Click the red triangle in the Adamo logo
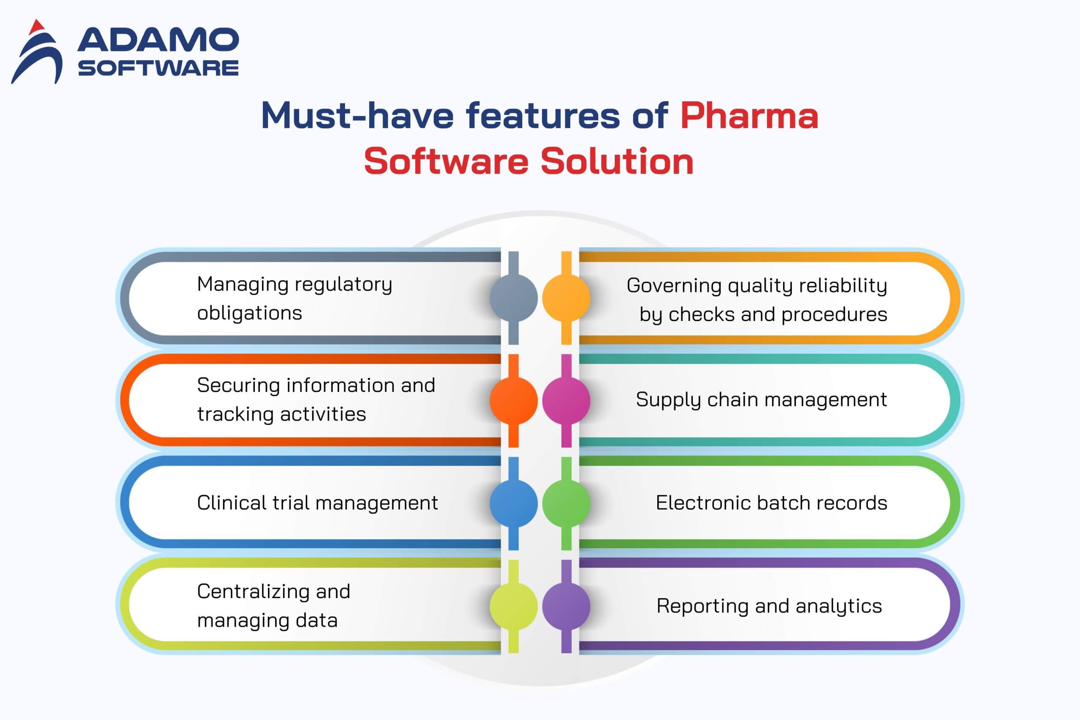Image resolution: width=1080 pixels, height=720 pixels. click(37, 27)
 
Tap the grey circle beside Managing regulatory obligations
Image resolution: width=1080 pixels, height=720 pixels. click(513, 297)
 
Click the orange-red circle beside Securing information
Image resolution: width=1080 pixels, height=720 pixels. click(513, 400)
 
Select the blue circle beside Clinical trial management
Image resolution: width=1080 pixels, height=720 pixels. click(513, 503)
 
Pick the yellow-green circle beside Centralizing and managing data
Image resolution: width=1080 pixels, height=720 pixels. click(513, 606)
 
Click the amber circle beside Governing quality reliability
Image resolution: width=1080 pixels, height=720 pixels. click(566, 297)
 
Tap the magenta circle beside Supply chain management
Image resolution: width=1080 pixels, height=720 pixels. click(566, 400)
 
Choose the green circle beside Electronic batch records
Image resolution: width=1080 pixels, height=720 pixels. click(566, 503)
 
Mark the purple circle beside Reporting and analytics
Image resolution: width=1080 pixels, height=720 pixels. click(566, 606)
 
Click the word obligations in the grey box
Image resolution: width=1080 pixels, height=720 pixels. click(250, 313)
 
